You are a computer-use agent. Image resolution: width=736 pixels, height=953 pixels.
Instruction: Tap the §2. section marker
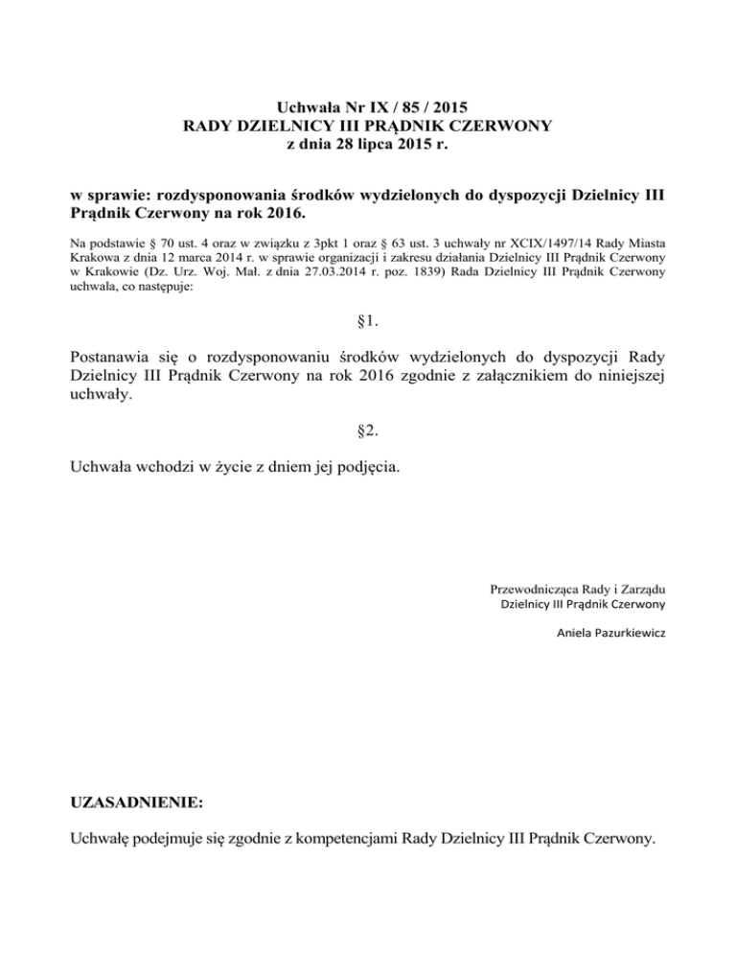click(368, 431)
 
